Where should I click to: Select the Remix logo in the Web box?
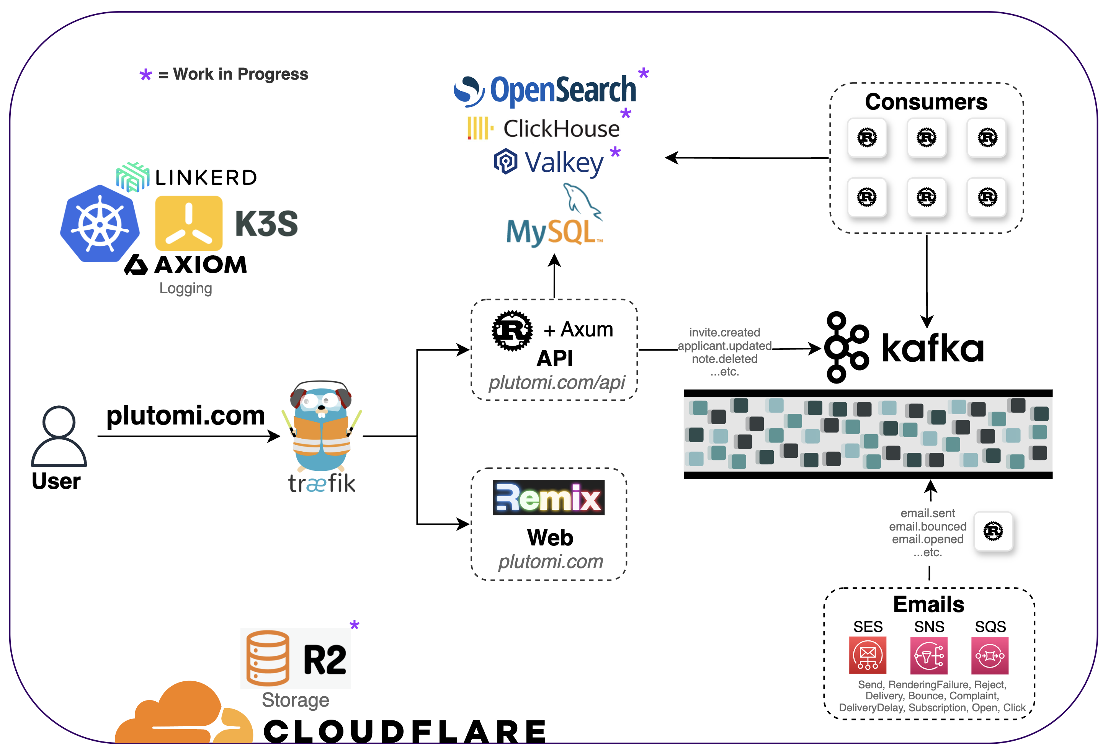click(x=548, y=498)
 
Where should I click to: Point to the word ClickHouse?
click(x=561, y=129)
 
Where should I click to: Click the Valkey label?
click(x=564, y=163)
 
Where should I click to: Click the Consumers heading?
click(x=926, y=102)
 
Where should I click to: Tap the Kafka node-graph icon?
click(x=847, y=348)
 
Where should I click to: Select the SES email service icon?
click(x=867, y=655)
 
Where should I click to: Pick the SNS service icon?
click(x=928, y=655)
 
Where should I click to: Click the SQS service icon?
click(x=989, y=655)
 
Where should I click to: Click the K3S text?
click(x=266, y=224)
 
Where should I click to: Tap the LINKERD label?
click(x=206, y=178)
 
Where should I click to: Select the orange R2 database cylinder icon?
click(x=268, y=658)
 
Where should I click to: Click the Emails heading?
click(x=928, y=604)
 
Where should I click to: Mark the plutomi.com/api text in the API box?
click(x=556, y=382)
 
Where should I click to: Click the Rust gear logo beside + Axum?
click(x=512, y=331)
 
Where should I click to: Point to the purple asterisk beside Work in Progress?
click(x=145, y=75)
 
